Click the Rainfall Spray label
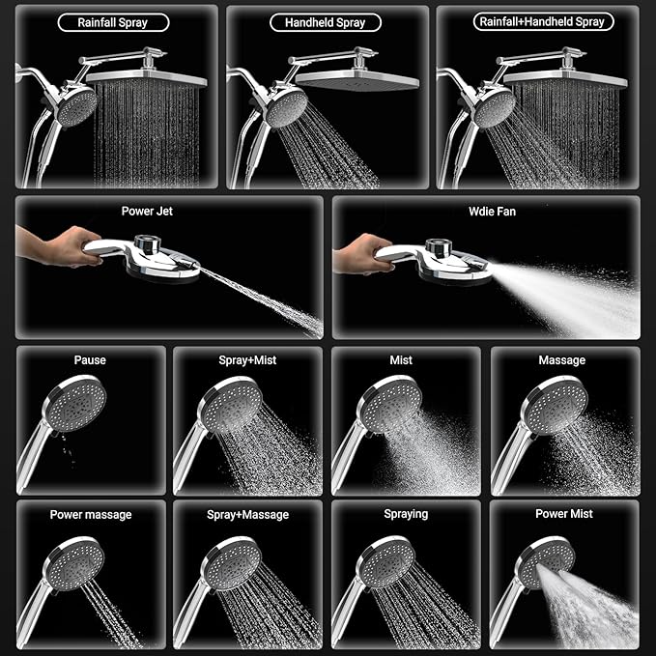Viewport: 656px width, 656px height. point(114,21)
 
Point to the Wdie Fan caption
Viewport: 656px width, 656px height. point(486,210)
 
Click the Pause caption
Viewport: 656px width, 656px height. point(90,360)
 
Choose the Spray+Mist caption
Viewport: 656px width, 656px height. point(247,360)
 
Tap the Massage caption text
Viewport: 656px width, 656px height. point(561,360)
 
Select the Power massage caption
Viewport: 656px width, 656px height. point(90,514)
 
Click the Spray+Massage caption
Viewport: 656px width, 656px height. point(247,514)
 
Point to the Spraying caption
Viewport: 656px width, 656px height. point(406,514)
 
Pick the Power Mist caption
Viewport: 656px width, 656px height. point(564,514)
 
